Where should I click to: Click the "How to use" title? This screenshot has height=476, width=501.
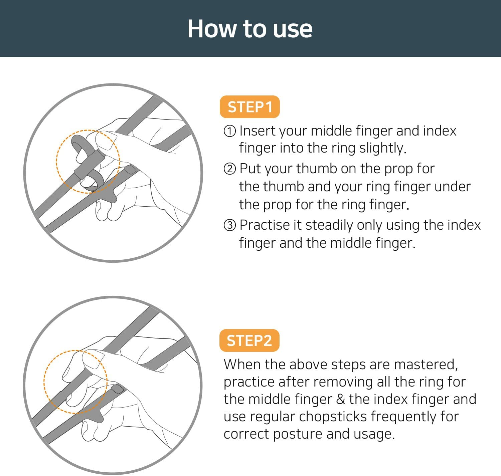pos(250,29)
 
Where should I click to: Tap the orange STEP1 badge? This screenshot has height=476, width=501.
pos(249,107)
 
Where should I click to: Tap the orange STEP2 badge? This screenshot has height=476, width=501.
pos(249,340)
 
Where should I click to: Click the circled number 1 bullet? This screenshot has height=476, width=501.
pos(230,131)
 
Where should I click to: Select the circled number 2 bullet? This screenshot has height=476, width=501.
pos(230,169)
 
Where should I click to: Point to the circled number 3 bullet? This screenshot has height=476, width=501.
pos(230,225)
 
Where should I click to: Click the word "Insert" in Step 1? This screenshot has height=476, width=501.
pos(258,131)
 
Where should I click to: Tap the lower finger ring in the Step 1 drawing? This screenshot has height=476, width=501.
pos(92,182)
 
